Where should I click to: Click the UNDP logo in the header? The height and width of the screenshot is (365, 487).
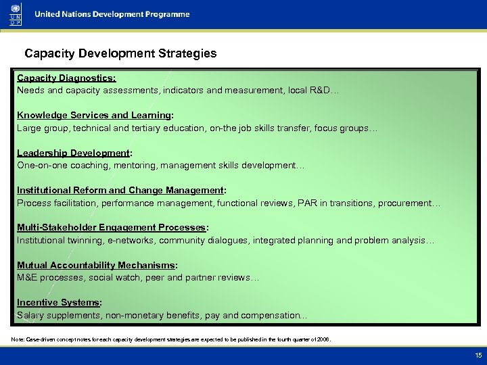[16, 14]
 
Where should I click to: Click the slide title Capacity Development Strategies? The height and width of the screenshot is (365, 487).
[120, 53]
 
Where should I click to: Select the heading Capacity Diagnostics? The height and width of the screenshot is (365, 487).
[62, 78]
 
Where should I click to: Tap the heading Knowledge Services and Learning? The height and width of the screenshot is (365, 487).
[95, 116]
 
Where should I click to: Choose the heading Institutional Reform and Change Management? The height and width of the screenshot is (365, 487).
[121, 191]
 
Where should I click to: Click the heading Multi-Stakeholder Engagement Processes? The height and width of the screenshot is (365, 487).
[112, 228]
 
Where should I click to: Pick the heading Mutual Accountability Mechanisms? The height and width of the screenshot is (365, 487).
[97, 266]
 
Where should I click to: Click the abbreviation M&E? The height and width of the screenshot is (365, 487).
[28, 278]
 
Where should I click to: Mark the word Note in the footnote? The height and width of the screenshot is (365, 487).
[18, 339]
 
